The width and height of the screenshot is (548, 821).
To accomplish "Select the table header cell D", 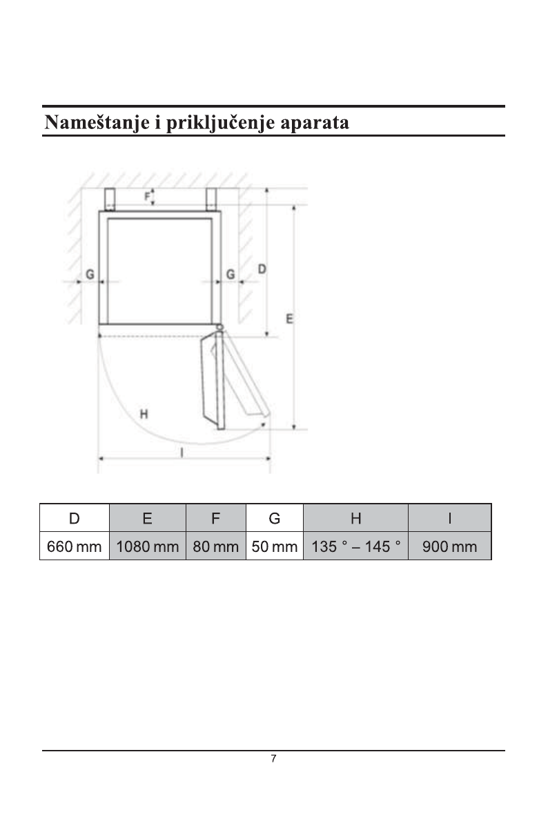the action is coord(75,518).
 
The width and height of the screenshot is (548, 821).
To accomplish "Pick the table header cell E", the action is coord(147,518).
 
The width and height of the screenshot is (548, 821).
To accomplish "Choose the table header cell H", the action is coord(355,518).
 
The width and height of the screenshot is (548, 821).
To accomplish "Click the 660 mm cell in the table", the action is coord(75,546).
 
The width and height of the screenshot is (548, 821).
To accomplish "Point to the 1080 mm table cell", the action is coord(147,546).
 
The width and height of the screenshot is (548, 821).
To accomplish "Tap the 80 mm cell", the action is coord(216,546).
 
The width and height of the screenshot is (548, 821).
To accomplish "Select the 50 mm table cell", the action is coord(275,546).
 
